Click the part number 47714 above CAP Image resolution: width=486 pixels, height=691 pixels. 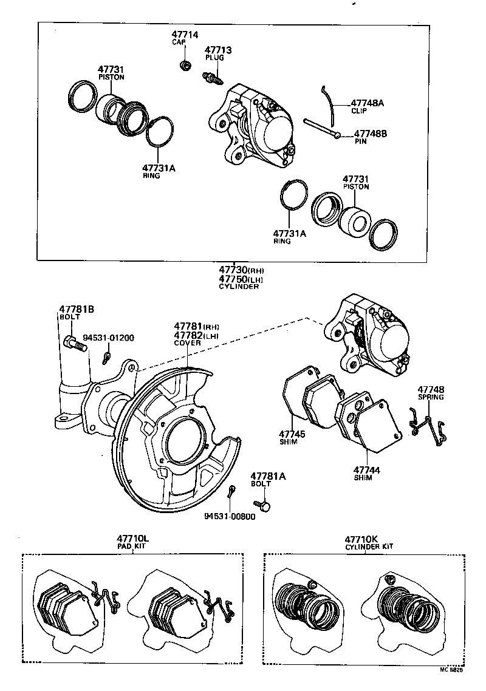pos(185,36)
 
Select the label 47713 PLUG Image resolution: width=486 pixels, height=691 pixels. pos(217,53)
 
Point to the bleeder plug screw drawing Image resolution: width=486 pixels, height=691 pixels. pos(211,77)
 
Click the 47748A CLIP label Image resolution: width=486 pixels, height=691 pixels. pos(368,106)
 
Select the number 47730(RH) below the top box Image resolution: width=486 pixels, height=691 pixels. pos(242,270)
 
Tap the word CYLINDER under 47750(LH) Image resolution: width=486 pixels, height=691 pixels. pos(239,287)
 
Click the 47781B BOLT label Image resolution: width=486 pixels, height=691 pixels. pos(76,312)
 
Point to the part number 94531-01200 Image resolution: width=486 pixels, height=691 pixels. pos(108,338)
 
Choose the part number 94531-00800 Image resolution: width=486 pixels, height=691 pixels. pos(230,516)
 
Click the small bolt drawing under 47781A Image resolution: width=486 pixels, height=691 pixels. pos(264,503)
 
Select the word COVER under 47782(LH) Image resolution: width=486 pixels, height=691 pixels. pos(187,343)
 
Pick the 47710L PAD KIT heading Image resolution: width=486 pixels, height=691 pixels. pos(133,542)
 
